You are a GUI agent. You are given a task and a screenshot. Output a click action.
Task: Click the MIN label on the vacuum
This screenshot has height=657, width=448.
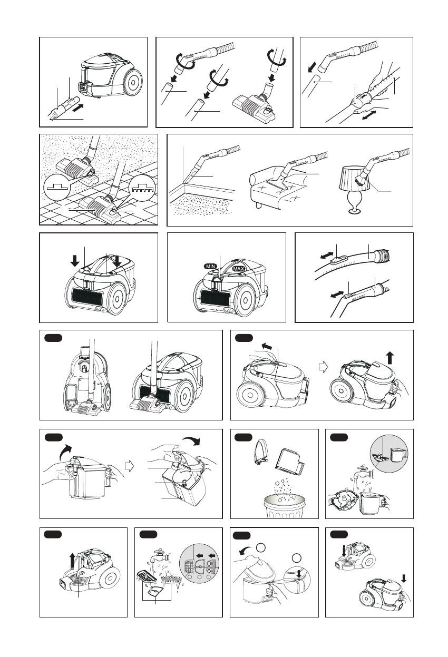coord(211,266)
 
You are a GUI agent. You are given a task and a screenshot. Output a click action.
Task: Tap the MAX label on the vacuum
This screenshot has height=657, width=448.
coord(239,268)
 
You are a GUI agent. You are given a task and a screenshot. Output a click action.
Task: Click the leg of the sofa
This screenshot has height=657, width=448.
coord(258,204)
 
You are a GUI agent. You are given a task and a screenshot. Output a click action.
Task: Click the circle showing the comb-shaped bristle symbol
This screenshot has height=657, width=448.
coord(142,188)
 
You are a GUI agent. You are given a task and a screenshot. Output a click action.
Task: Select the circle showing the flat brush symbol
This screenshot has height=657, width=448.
coord(57,188)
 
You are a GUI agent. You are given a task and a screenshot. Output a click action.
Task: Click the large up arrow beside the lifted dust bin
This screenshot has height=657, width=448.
coord(390,358)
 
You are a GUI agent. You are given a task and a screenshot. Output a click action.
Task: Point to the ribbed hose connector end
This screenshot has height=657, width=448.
coord(382,255)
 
